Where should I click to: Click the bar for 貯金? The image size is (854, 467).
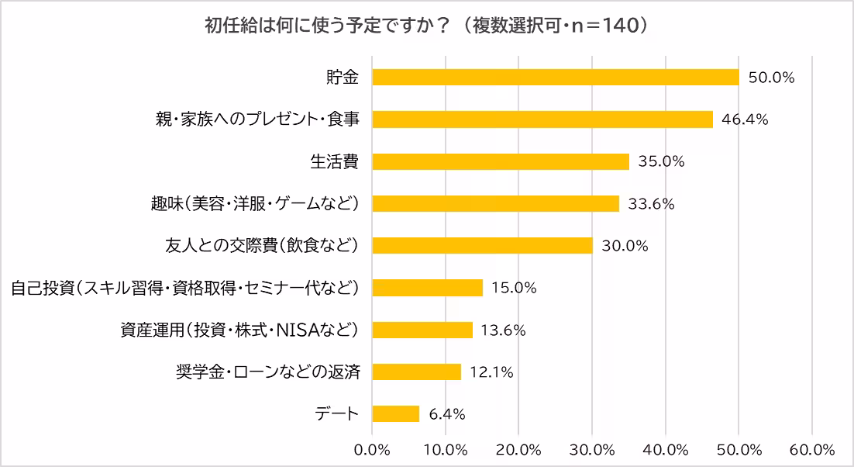pos(556,78)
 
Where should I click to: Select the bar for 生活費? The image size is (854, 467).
pos(501,161)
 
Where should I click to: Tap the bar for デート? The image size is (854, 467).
pos(396,413)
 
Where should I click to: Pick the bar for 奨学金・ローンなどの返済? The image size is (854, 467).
pos(417,372)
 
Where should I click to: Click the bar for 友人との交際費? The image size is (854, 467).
pos(482,246)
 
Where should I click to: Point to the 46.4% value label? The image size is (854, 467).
pos(744,119)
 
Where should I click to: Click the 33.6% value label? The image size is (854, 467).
pos(651,204)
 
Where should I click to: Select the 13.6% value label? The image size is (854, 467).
pos(503,330)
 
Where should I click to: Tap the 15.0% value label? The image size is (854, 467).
pos(514,288)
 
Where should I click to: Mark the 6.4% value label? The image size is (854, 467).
pos(446,414)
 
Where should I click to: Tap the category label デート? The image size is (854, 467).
pos(338,413)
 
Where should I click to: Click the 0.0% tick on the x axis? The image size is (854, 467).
pos(372,449)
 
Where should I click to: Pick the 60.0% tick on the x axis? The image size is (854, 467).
pos(811,449)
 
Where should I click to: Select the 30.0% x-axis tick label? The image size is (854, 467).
pos(592,449)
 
